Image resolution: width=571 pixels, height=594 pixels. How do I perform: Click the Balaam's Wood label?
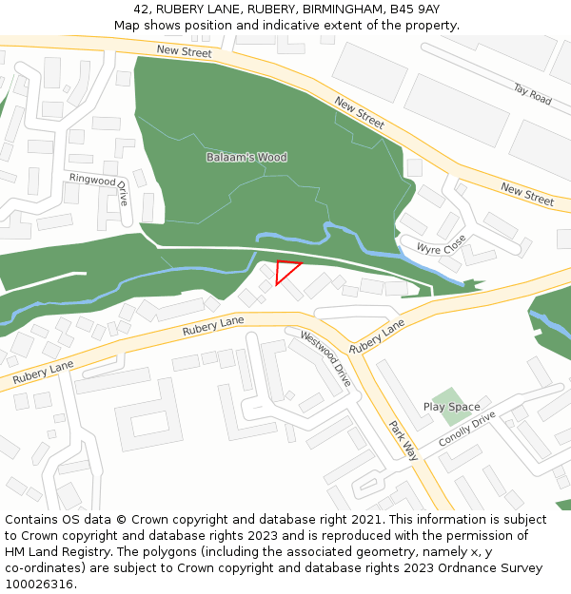pos(246,157)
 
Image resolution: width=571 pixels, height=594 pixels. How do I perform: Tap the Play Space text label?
pos(451,407)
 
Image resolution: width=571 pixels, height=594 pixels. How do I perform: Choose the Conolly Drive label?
pos(467,430)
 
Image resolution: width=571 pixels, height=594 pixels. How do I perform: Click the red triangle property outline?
pos(284,270)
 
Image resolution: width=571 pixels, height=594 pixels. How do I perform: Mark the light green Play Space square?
pos(450,399)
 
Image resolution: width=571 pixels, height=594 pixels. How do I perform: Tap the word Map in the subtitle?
pos(128,25)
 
